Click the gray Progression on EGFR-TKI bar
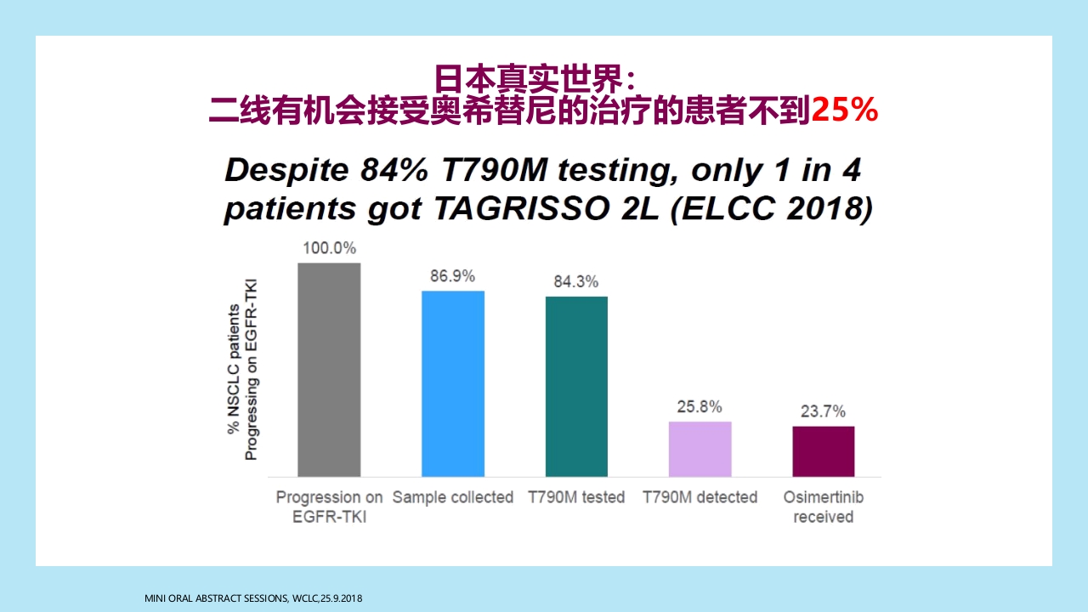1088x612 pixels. (x=329, y=370)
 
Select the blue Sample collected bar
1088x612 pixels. (x=453, y=383)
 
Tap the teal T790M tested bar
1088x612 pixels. (x=576, y=386)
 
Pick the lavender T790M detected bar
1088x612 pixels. (x=700, y=449)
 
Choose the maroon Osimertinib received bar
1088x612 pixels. (x=823, y=450)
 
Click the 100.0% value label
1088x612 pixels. (x=329, y=249)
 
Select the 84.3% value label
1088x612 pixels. (x=576, y=282)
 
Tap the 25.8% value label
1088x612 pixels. (x=700, y=407)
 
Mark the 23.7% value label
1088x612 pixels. (x=823, y=412)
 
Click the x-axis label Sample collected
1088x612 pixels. (x=453, y=497)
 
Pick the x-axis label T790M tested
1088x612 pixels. (x=576, y=497)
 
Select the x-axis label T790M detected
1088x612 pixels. (x=700, y=497)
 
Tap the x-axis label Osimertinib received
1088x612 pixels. (x=823, y=507)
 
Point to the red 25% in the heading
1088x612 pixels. (x=844, y=110)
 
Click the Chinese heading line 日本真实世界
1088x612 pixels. (x=535, y=79)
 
